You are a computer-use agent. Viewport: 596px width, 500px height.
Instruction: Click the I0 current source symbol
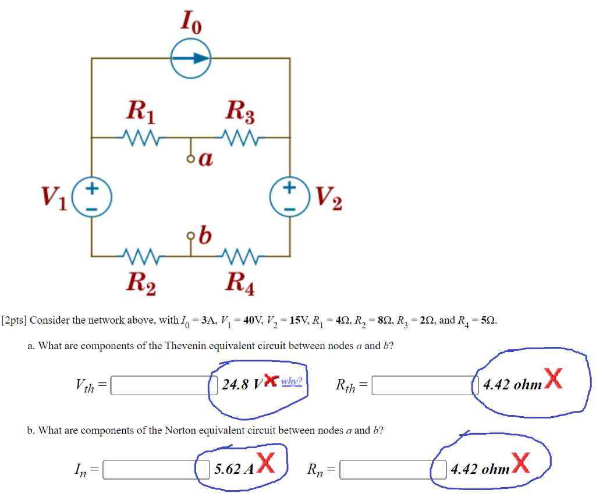point(190,58)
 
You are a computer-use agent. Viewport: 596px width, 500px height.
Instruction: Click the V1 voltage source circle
point(91,197)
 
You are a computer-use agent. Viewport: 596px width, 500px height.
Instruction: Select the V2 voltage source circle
point(290,197)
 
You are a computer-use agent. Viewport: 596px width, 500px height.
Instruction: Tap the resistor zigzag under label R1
point(141,138)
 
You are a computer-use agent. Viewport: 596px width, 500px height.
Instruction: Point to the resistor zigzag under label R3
point(240,138)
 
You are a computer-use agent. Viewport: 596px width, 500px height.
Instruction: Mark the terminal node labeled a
point(190,158)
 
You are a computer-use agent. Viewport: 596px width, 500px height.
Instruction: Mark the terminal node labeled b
point(190,236)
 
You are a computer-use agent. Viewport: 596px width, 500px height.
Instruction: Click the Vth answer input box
point(160,385)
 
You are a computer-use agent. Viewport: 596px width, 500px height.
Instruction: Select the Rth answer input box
point(422,385)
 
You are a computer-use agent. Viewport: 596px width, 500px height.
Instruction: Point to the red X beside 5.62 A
point(265,463)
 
